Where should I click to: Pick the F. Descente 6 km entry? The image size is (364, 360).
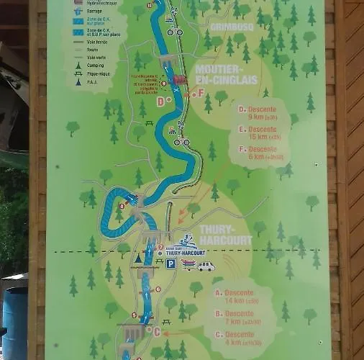coord(261,153)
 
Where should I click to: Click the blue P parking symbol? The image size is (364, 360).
coord(170,264)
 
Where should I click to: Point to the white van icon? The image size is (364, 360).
coord(206,266)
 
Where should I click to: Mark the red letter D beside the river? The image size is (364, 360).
coord(160,102)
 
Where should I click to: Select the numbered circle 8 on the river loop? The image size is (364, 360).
coord(122,206)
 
